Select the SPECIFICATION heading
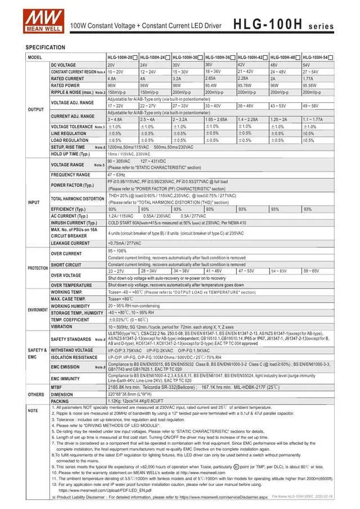45,47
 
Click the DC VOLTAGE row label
63,65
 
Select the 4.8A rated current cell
112,79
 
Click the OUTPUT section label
36,109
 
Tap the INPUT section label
34,202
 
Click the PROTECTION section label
38,268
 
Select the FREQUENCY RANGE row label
70,175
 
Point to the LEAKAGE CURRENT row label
71,243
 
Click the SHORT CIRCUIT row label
66,264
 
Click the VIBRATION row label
61,326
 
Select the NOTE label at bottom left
33,411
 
